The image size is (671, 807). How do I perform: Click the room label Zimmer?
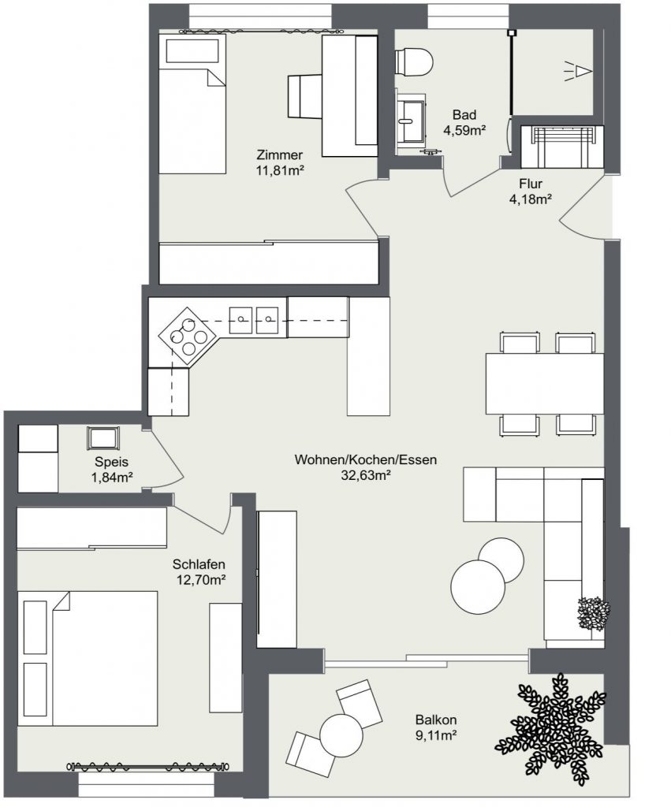tap(279, 154)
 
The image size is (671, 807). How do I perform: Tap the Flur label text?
tap(530, 184)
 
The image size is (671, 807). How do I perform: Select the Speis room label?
tap(111, 463)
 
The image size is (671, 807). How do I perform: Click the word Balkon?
tap(435, 720)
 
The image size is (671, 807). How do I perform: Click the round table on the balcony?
tap(341, 734)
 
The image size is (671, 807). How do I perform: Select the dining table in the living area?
tap(544, 384)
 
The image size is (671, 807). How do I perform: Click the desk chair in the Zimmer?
tap(304, 95)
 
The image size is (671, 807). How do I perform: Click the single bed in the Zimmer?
tap(192, 102)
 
